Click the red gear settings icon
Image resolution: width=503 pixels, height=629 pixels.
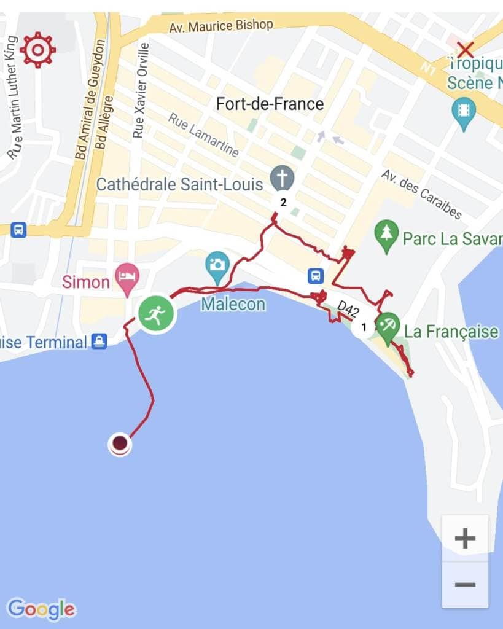tap(37, 50)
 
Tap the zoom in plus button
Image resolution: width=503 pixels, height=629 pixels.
tap(465, 539)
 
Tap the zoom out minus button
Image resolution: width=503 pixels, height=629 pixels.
tap(465, 584)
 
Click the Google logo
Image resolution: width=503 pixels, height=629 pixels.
tap(41, 609)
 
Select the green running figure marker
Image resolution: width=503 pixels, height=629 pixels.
tap(156, 314)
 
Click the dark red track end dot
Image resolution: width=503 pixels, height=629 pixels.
tap(120, 443)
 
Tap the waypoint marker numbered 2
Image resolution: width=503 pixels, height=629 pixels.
tap(283, 202)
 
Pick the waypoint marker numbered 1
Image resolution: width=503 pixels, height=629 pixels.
tap(364, 327)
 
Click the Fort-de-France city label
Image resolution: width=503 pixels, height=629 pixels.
tap(270, 104)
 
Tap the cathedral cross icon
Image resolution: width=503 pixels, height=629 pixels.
tap(283, 179)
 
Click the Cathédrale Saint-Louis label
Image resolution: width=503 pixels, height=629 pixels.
tap(179, 184)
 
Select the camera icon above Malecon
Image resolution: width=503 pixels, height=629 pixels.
tap(217, 265)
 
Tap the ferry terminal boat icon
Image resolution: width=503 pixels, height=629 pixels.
tap(99, 342)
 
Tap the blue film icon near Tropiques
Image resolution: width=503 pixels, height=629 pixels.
tap(463, 111)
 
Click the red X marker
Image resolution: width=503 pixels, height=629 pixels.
tap(465, 49)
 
